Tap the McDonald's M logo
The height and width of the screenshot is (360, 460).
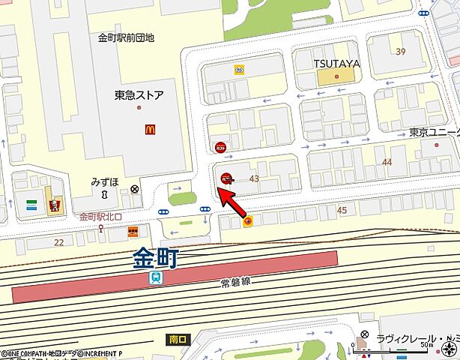[x=151, y=130]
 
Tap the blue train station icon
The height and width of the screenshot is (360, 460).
[x=155, y=278]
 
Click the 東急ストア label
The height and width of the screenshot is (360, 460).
[x=139, y=95]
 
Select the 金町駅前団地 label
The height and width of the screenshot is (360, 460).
[x=126, y=37]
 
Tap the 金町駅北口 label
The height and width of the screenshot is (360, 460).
[x=100, y=217]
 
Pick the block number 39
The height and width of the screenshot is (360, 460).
[x=401, y=51]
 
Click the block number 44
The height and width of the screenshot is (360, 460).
[x=387, y=162]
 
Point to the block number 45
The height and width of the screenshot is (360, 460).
[x=342, y=210]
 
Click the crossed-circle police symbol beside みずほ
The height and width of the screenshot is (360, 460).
[x=134, y=188]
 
